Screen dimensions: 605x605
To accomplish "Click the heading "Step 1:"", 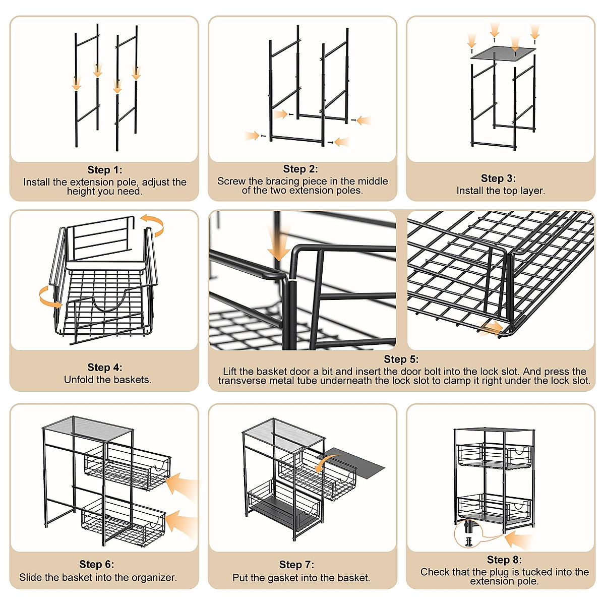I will pyautogui.click(x=104, y=170).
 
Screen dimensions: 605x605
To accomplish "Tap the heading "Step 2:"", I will pyautogui.click(x=300, y=169).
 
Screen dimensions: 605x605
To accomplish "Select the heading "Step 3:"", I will pyautogui.click(x=498, y=178).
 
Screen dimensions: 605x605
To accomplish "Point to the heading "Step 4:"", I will pyautogui.click(x=104, y=368).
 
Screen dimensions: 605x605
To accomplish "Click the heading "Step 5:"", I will pyautogui.click(x=401, y=359).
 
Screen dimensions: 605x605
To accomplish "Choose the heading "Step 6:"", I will pyautogui.click(x=96, y=564).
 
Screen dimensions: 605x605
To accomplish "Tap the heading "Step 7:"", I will pyautogui.click(x=296, y=565).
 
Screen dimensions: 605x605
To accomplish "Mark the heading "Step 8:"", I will pyautogui.click(x=504, y=560).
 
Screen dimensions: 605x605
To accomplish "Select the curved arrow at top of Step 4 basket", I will pyautogui.click(x=153, y=225).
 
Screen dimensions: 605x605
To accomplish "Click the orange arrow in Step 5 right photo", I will pyautogui.click(x=491, y=329).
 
